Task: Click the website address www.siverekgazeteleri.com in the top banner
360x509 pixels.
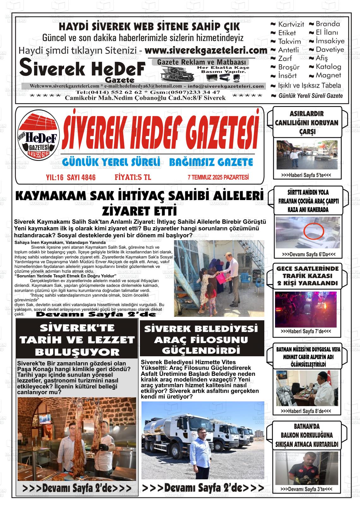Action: coord(206,50)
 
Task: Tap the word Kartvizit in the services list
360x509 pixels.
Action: coord(291,24)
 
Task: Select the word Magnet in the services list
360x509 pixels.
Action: coord(328,75)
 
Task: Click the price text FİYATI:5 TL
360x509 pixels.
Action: coord(133,177)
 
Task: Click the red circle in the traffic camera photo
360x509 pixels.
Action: coord(314,232)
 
